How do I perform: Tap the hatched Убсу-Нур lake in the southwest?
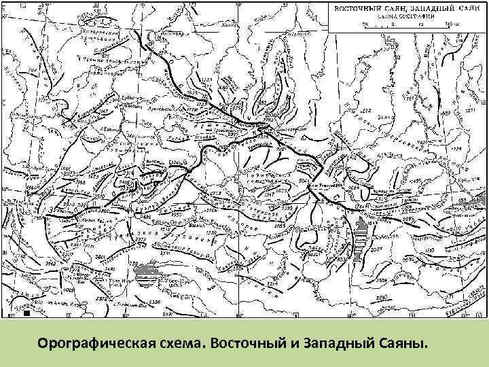[145, 274]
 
